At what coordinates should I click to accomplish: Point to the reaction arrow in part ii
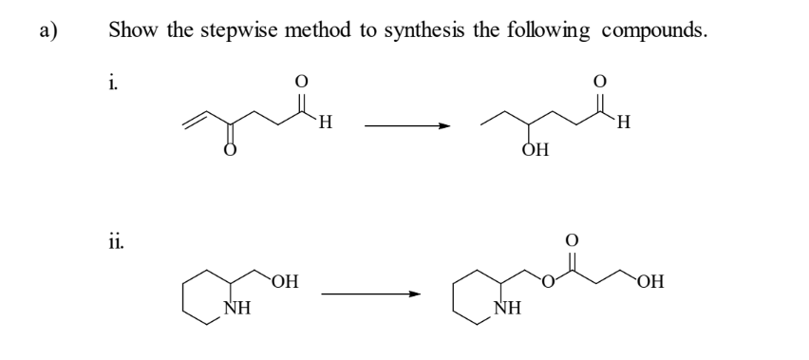[x=371, y=294]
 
